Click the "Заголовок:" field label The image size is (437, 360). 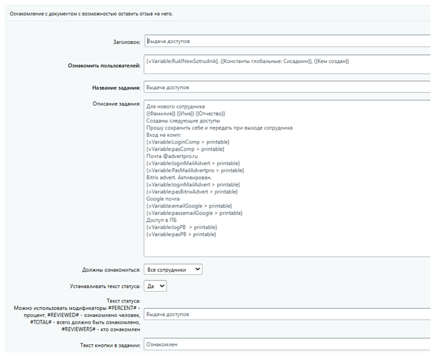123,42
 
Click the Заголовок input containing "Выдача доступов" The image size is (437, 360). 285,42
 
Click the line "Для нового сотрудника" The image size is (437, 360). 175,108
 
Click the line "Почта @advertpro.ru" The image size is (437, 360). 173,156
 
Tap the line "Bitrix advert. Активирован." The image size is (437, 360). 179,177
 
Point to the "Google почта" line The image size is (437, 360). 163,198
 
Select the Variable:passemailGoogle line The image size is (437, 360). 194,213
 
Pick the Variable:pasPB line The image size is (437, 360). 181,234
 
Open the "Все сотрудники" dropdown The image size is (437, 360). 173,269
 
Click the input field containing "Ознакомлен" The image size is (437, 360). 285,344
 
